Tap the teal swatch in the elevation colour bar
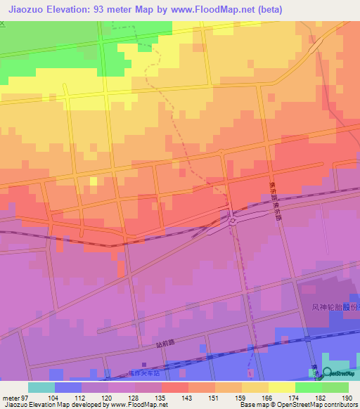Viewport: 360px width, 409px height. (41, 387)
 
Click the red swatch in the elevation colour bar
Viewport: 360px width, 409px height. (174, 387)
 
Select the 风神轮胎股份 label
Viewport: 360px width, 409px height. (335, 308)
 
